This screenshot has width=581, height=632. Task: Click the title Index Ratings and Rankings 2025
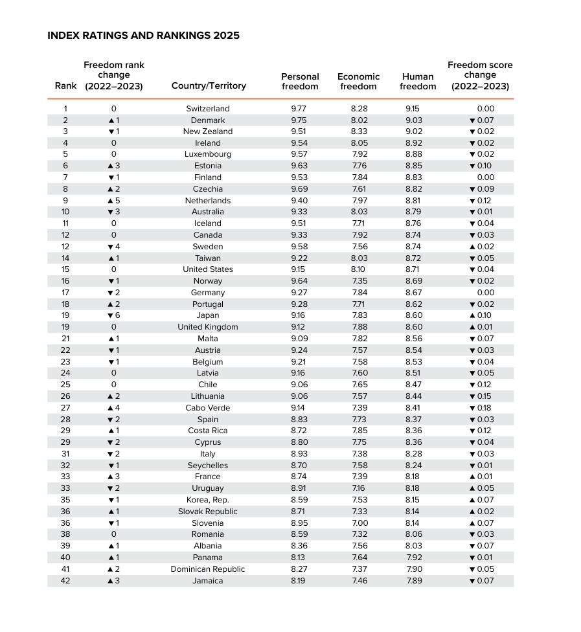tap(143, 36)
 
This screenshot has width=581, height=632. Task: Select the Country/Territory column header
tap(209, 86)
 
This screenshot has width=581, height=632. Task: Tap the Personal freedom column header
tap(300, 82)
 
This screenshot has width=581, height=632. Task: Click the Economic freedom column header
tap(358, 82)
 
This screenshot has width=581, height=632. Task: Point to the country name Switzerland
tap(208, 109)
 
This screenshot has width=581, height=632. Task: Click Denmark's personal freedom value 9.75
tap(300, 120)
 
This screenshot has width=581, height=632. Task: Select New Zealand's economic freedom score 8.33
tap(359, 131)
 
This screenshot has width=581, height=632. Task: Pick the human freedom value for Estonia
tap(413, 166)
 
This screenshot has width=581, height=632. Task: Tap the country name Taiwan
tap(208, 258)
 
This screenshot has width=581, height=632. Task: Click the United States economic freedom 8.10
tap(359, 269)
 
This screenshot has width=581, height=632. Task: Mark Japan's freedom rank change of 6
tap(114, 315)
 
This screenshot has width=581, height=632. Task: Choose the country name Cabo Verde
tap(208, 408)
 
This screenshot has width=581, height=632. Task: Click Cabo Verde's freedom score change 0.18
tap(481, 408)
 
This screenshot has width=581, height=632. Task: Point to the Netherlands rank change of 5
tap(114, 201)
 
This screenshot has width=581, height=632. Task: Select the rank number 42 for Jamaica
tap(65, 581)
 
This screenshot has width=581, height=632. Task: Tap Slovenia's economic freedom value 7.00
tap(359, 523)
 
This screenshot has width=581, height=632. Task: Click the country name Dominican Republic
tap(208, 569)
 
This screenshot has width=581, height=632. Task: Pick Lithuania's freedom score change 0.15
tap(481, 396)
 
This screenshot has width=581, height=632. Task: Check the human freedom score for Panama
tap(413, 558)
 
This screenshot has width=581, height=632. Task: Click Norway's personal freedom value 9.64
tap(300, 281)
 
